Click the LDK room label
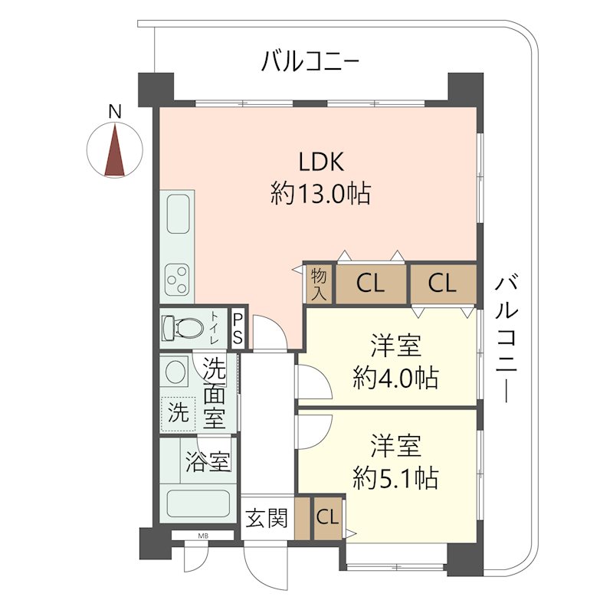click(x=321, y=162)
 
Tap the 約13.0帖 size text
click(x=321, y=193)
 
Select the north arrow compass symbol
click(x=114, y=150)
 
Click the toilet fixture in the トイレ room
click(x=182, y=328)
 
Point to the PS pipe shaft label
click(x=238, y=328)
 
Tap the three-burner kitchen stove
click(x=177, y=280)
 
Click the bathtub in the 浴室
click(x=198, y=504)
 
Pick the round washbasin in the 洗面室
click(x=175, y=371)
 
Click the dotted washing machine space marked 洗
click(x=178, y=414)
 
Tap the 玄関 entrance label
click(x=267, y=518)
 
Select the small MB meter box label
click(x=203, y=536)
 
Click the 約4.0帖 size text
click(x=395, y=378)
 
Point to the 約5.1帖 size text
click(x=395, y=477)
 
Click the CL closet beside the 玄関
click(x=328, y=518)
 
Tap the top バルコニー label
click(x=310, y=61)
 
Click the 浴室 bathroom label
click(x=208, y=461)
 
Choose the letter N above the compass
click(x=115, y=112)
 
